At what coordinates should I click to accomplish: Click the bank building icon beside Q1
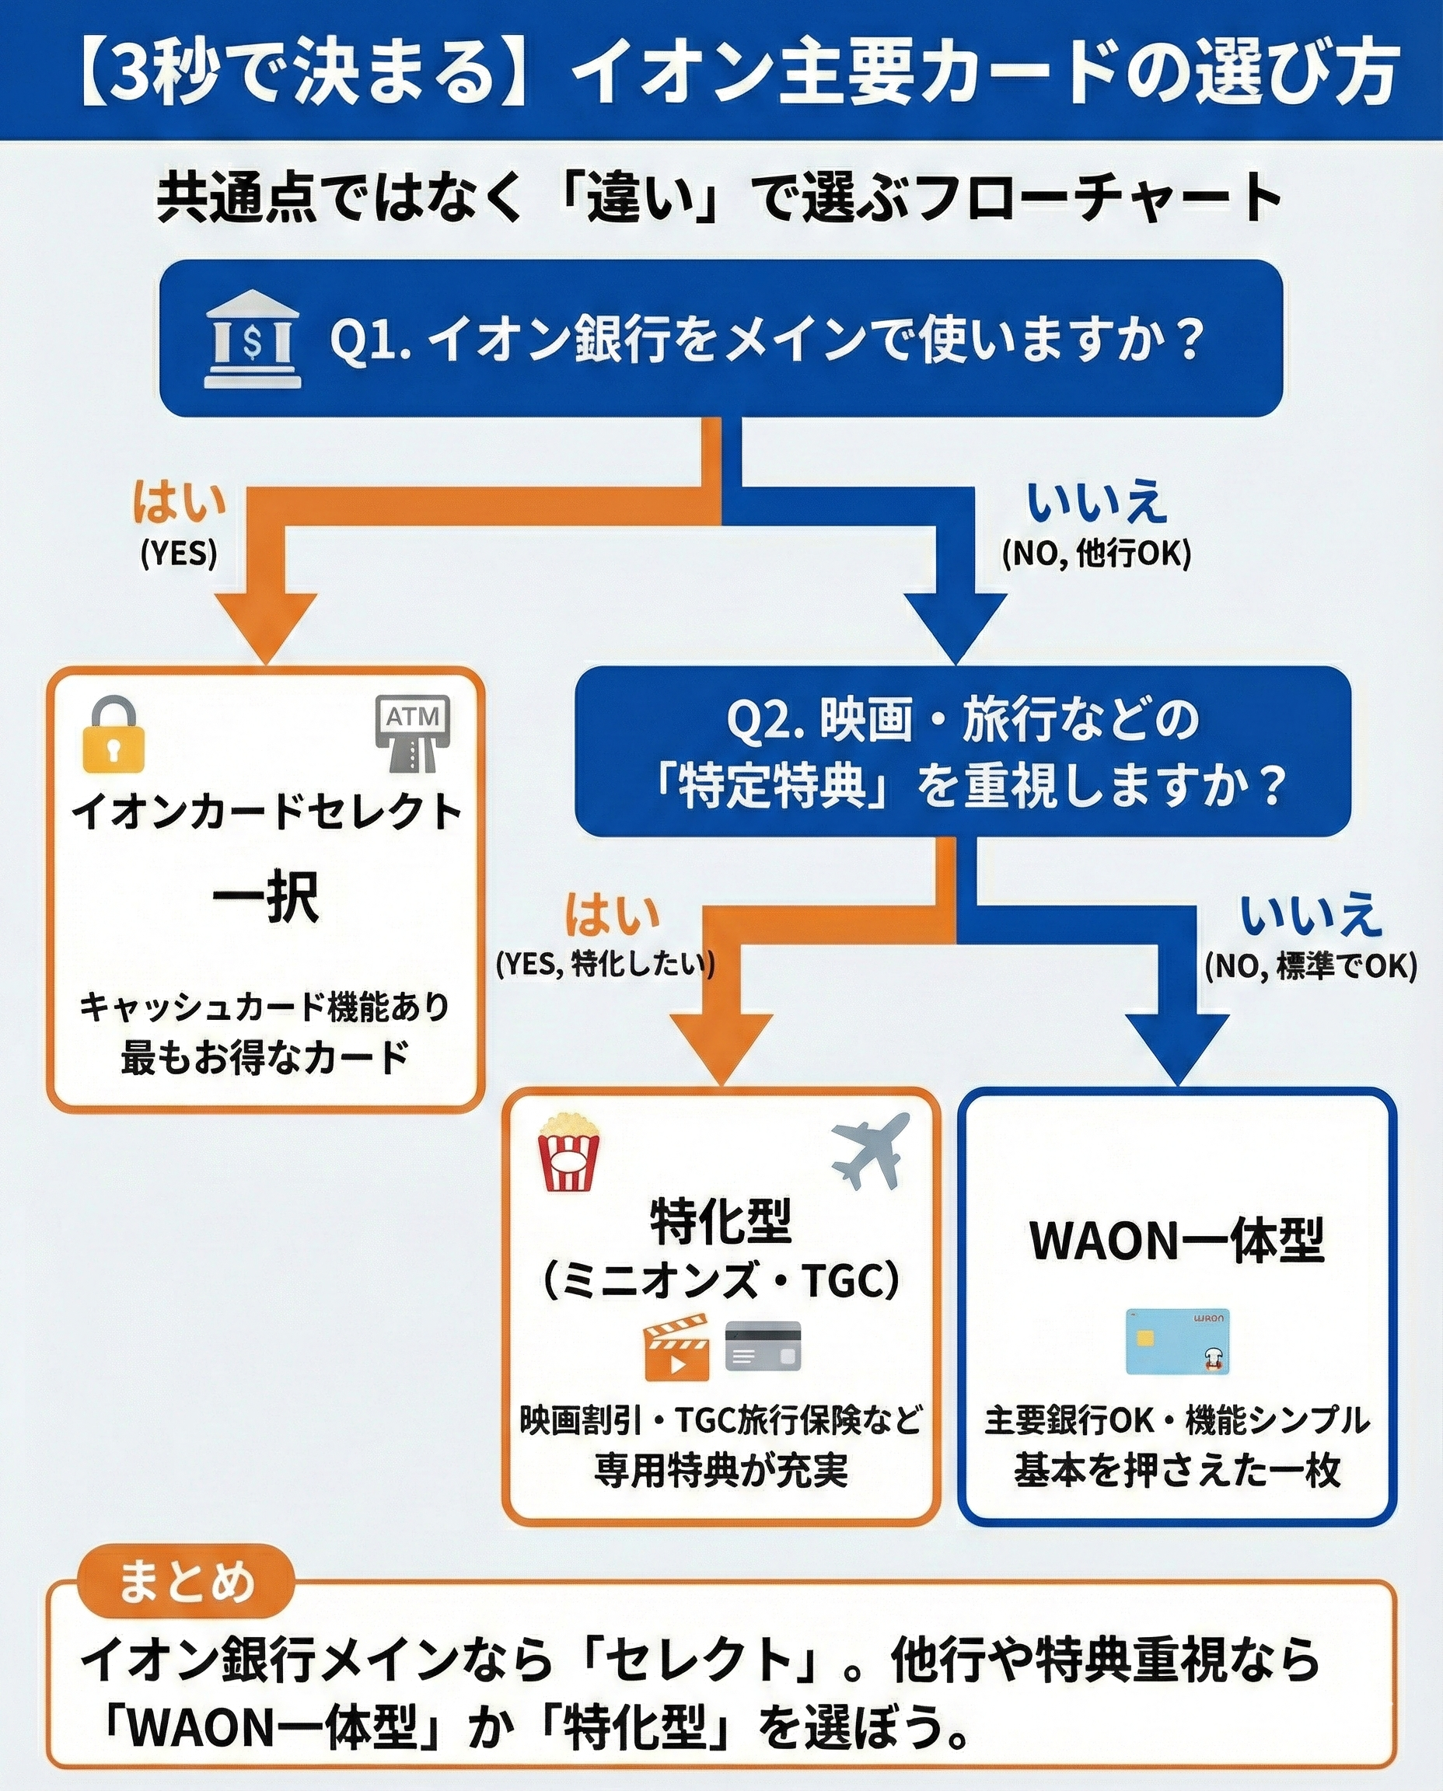tap(253, 340)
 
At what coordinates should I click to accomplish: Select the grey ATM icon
tap(413, 732)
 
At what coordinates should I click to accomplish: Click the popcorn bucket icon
tap(568, 1153)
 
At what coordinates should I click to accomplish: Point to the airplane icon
tap(869, 1152)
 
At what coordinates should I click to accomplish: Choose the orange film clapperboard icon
tap(676, 1347)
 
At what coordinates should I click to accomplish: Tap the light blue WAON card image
tap(1177, 1342)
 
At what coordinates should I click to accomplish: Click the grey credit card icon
tap(763, 1346)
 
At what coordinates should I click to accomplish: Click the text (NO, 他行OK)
tap(1096, 553)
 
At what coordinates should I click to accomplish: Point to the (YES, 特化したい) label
tap(605, 964)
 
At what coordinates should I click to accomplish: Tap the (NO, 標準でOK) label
tap(1311, 965)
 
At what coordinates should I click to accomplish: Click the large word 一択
tap(265, 899)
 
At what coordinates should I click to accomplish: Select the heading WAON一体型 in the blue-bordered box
tap(1177, 1241)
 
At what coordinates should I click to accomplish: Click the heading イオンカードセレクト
tap(266, 812)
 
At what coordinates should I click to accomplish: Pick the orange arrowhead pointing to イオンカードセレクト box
tap(265, 625)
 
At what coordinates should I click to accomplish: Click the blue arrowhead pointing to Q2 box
tap(956, 625)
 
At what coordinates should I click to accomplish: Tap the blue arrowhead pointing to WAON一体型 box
tap(1177, 1046)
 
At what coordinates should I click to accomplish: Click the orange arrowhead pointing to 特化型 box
tap(721, 1046)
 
